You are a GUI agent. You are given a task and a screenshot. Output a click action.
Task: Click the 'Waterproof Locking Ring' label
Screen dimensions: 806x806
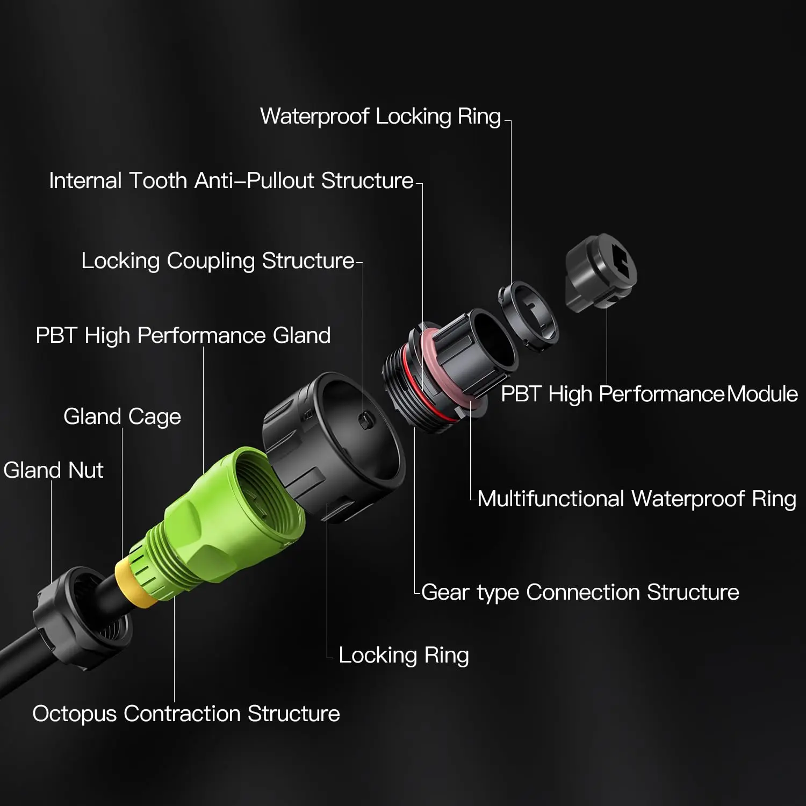pyautogui.click(x=380, y=117)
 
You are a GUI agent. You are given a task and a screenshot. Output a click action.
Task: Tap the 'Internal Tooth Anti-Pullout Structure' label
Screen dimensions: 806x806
pyautogui.click(x=231, y=181)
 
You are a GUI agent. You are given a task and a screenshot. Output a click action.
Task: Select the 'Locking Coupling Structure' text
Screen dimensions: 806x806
pyautogui.click(x=218, y=261)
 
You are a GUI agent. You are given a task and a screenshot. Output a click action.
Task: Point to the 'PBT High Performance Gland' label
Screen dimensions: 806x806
pyautogui.click(x=183, y=335)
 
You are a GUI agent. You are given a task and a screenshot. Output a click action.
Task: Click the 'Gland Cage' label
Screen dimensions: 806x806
pyautogui.click(x=122, y=417)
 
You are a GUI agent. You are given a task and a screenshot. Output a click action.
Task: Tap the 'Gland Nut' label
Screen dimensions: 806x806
pyautogui.click(x=53, y=470)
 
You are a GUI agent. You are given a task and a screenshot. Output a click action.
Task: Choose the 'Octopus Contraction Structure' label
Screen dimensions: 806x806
pyautogui.click(x=186, y=714)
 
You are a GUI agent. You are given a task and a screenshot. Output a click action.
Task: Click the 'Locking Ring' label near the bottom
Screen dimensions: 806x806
pyautogui.click(x=404, y=656)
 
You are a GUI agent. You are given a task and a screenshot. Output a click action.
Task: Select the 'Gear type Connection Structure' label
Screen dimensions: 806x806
pyautogui.click(x=580, y=593)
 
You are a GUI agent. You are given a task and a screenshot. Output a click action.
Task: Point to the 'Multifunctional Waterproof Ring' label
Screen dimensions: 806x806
pyautogui.click(x=637, y=499)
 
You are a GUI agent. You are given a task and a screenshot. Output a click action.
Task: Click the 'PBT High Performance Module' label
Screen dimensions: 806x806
pyautogui.click(x=649, y=394)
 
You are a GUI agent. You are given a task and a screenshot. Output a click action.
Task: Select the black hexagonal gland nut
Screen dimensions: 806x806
pyautogui.click(x=81, y=618)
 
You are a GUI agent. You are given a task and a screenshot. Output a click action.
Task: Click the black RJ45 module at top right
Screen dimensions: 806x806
pyautogui.click(x=601, y=272)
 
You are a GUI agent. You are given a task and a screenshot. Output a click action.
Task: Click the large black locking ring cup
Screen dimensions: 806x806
pyautogui.click(x=333, y=446)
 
